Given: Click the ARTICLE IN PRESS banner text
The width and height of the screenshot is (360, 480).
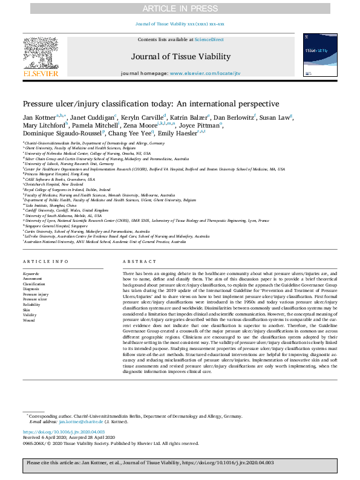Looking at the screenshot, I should coord(180,8).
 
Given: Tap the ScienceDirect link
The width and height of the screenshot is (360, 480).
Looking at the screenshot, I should coord(209,39).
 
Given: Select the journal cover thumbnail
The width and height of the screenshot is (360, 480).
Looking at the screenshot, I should coord(320,54).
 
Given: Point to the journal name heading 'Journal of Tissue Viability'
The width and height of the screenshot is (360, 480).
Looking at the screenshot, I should coord(180,57).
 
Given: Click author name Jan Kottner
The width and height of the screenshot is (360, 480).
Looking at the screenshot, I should coord(39,117).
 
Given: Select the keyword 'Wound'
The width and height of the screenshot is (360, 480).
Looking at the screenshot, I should coord(29,320).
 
